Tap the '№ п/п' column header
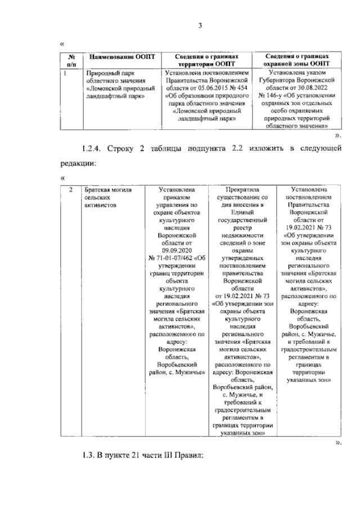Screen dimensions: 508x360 pos(71,61)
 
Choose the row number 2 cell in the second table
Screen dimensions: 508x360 pos(70,190)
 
